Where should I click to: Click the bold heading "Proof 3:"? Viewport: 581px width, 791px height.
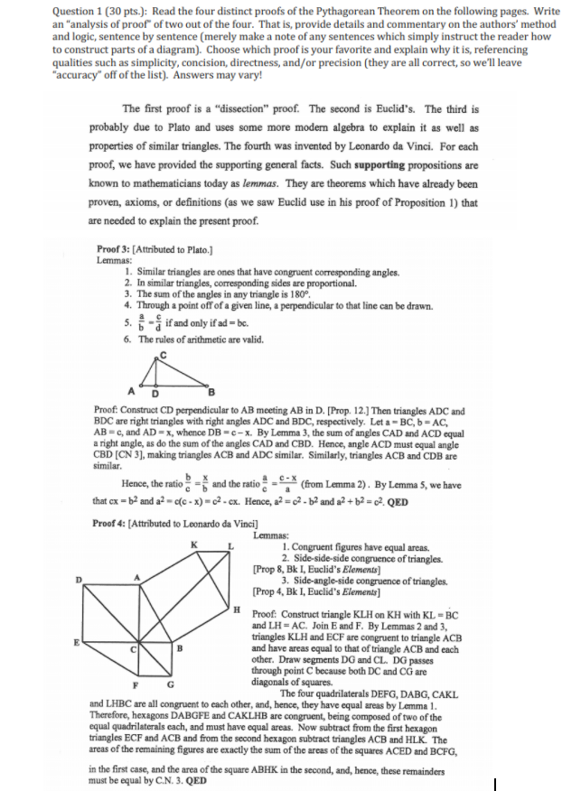point(113,248)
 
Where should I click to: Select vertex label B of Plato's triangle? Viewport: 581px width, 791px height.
point(212,391)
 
